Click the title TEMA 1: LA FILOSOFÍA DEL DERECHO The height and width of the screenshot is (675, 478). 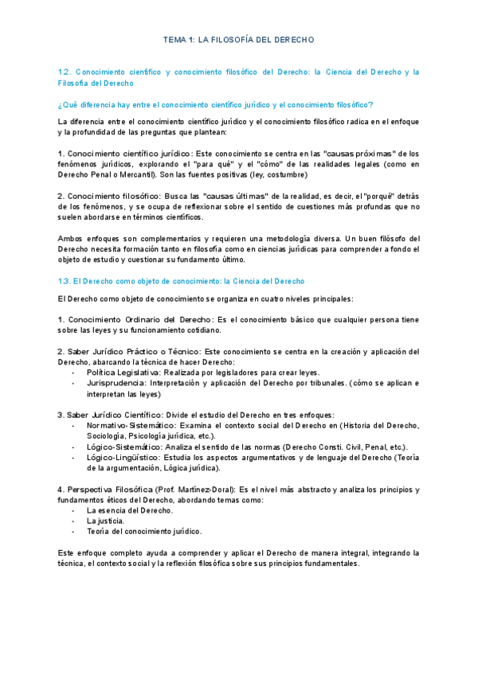click(239, 39)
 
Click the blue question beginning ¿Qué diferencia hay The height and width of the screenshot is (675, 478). click(216, 105)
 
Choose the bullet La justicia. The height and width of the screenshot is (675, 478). click(105, 520)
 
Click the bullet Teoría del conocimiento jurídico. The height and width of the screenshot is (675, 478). click(144, 530)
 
